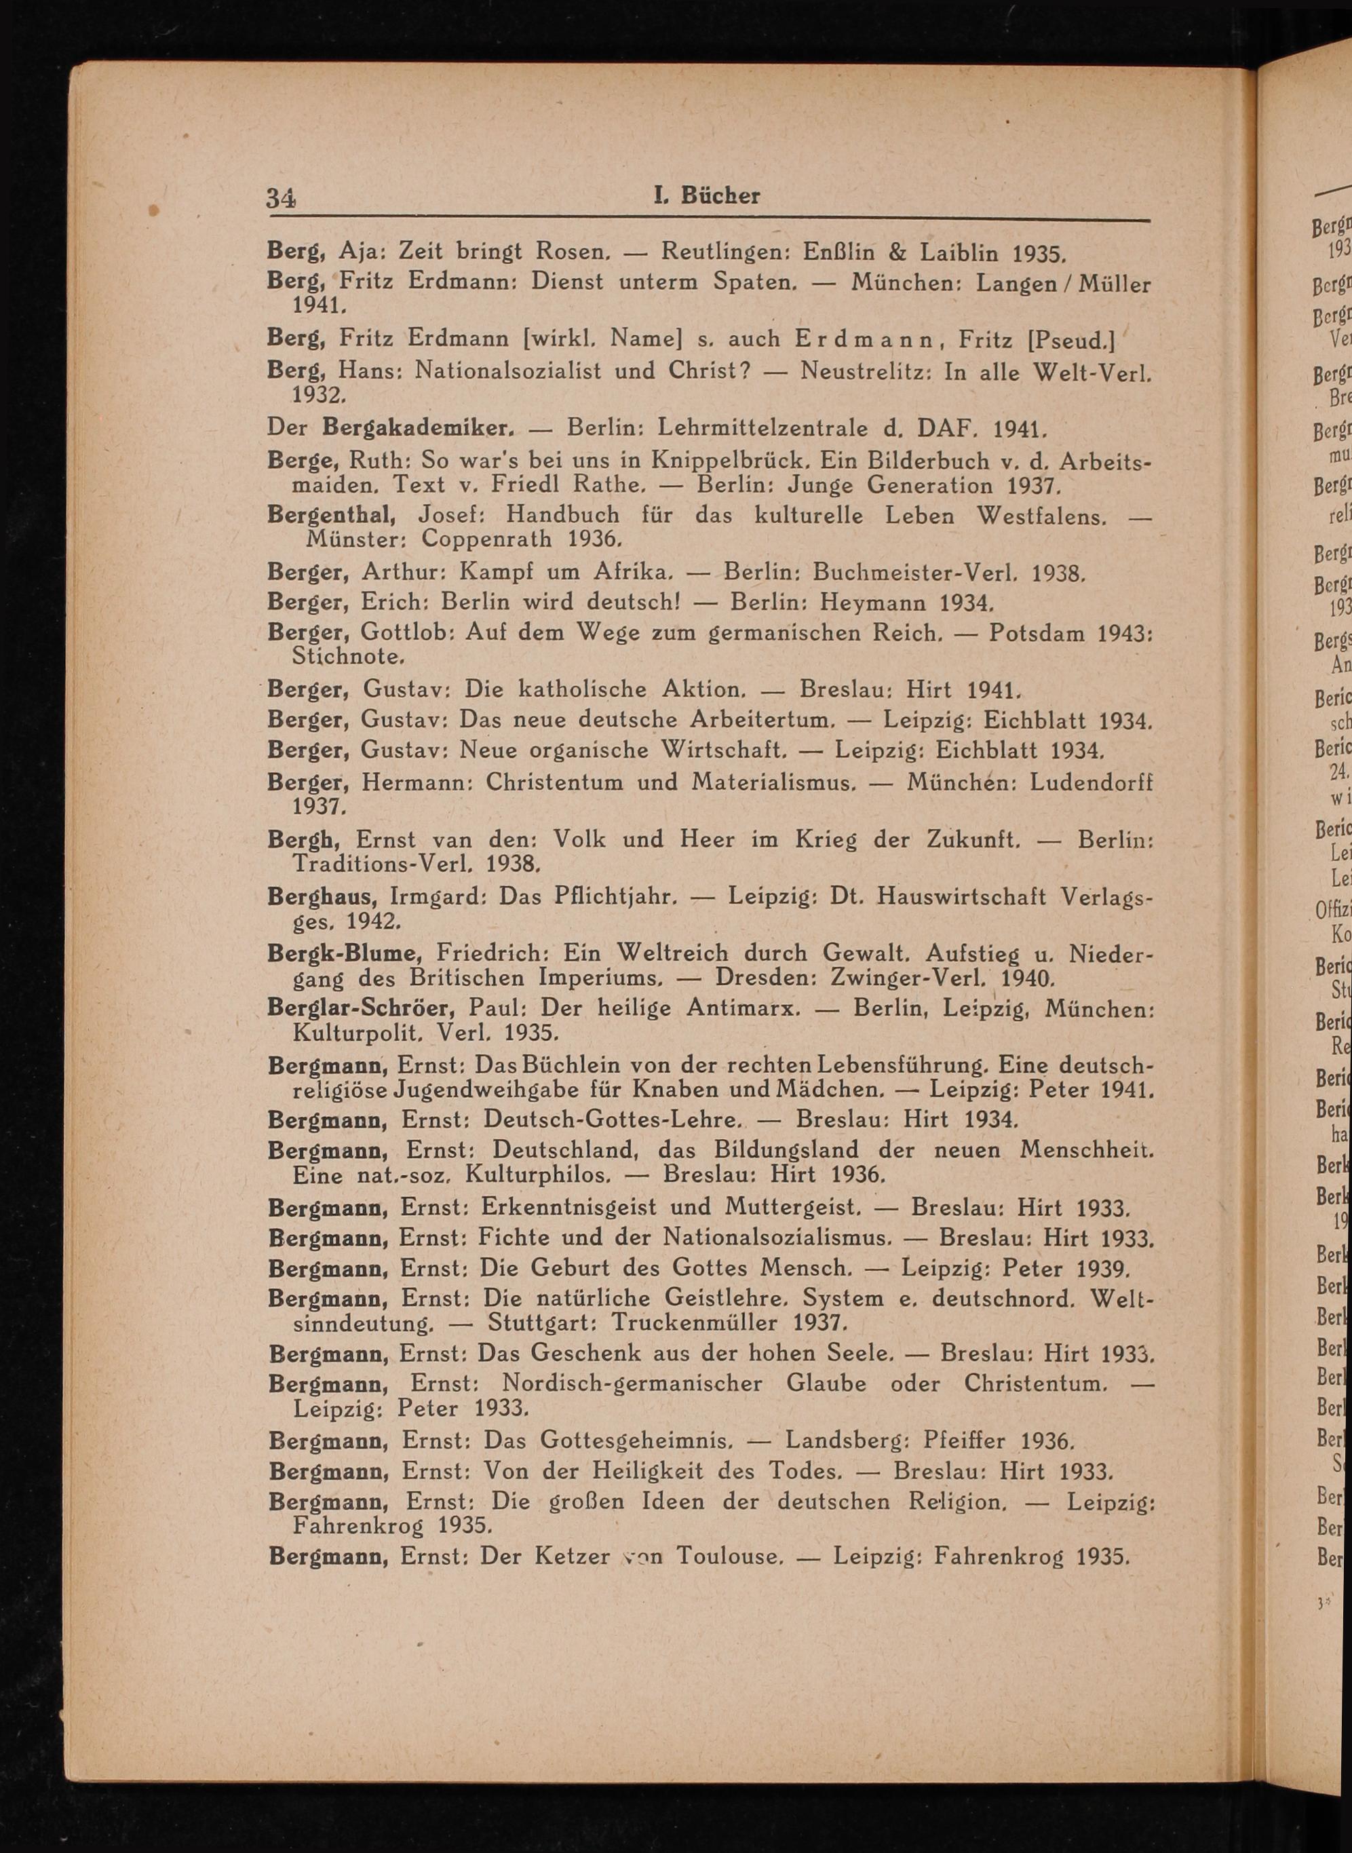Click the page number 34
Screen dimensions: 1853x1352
click(282, 198)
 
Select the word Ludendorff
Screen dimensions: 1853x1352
click(1091, 782)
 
